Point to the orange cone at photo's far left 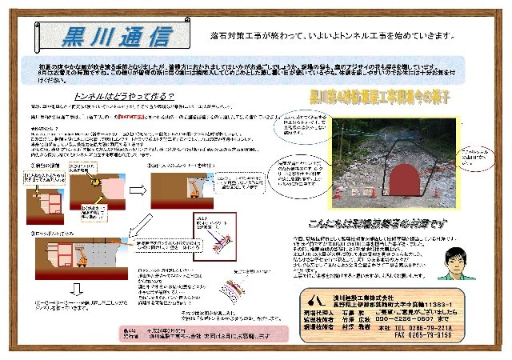click(x=337, y=193)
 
